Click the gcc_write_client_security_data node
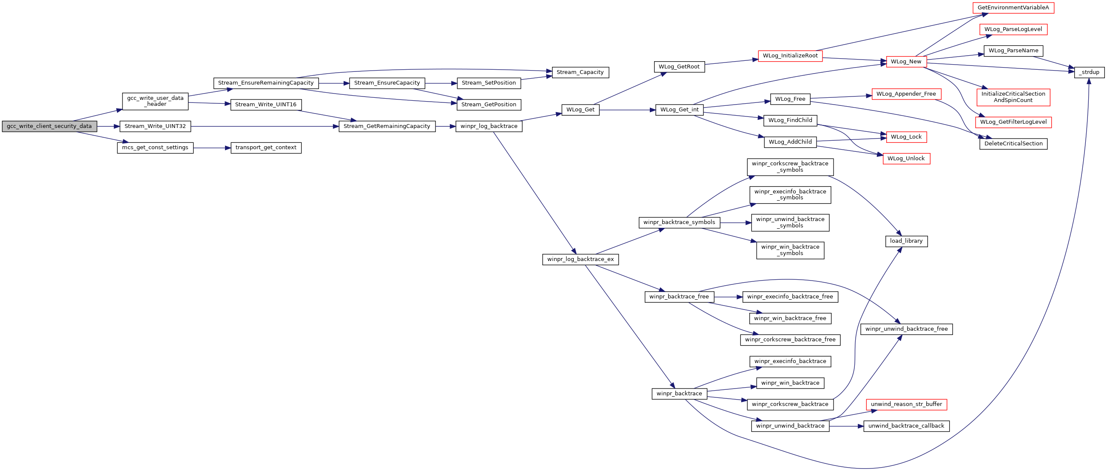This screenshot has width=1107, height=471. click(x=49, y=126)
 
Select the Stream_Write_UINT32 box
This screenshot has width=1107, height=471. click(x=155, y=126)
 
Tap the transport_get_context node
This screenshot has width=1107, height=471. click(x=266, y=148)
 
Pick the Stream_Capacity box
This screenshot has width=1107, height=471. click(x=580, y=73)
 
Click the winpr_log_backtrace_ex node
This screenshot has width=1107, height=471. click(x=581, y=259)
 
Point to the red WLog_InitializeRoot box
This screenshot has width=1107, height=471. click(x=790, y=56)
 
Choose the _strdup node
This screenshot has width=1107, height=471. click(x=1090, y=73)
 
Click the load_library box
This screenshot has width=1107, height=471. click(x=906, y=241)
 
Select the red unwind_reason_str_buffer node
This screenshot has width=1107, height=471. click(x=906, y=404)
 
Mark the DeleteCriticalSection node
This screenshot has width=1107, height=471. click(x=1013, y=144)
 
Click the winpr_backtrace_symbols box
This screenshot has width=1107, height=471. click(x=680, y=222)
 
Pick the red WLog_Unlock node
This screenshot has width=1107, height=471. click(x=906, y=159)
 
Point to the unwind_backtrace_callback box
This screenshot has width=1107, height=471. click(x=906, y=426)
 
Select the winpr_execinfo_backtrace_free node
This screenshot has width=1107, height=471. click(x=790, y=297)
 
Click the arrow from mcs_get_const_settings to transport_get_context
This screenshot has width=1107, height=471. click(x=212, y=148)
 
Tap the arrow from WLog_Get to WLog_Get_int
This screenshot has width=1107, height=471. click(x=627, y=110)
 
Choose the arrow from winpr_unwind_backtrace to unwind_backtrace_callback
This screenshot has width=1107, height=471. click(x=846, y=426)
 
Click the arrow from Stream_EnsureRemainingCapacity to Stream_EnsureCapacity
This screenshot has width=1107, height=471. click(x=334, y=83)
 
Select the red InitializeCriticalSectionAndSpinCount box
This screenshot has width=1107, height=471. click(x=1013, y=97)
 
